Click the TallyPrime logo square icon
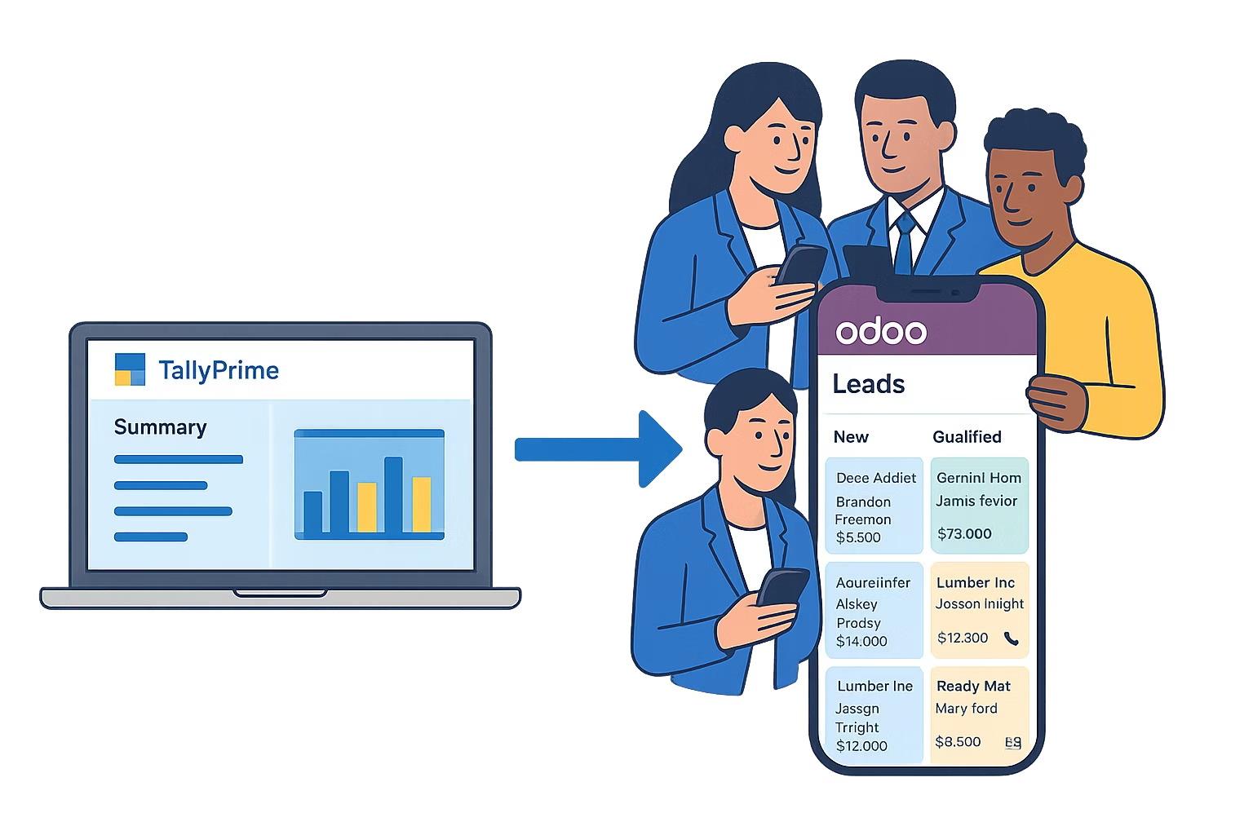click(x=130, y=369)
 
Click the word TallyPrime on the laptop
click(x=219, y=370)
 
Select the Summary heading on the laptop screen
click(x=160, y=427)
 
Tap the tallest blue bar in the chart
click(x=393, y=494)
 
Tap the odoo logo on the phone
click(x=881, y=331)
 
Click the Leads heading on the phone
click(x=868, y=383)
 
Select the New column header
click(x=851, y=437)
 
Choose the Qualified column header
click(x=967, y=437)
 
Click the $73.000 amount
click(x=964, y=534)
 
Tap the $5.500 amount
click(x=858, y=537)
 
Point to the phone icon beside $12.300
click(x=1012, y=638)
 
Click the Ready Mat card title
click(x=973, y=686)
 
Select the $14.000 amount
click(x=861, y=641)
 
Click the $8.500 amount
click(x=958, y=741)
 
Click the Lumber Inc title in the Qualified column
click(x=976, y=582)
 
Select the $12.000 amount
click(x=861, y=745)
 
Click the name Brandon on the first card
click(x=863, y=501)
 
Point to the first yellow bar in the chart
click(x=367, y=507)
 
